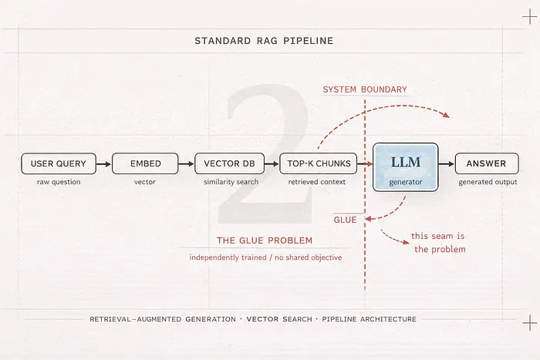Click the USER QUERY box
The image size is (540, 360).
(x=59, y=163)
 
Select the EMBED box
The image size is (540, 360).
(x=145, y=163)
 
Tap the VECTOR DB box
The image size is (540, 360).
(x=229, y=163)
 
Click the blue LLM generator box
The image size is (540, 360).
(x=405, y=167)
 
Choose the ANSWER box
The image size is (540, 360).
(x=486, y=163)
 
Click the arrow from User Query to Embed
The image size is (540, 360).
(x=104, y=163)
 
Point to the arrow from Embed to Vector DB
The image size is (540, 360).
(x=186, y=163)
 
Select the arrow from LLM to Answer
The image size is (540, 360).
(x=447, y=163)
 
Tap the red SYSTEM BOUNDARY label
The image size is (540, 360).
(x=365, y=89)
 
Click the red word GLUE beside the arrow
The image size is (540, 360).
(x=345, y=220)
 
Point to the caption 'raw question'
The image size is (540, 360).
(x=59, y=183)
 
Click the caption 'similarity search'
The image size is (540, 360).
(x=229, y=183)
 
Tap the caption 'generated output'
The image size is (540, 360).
(x=488, y=183)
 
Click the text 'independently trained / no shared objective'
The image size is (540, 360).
(x=265, y=257)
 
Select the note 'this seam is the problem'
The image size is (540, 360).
(x=438, y=242)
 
